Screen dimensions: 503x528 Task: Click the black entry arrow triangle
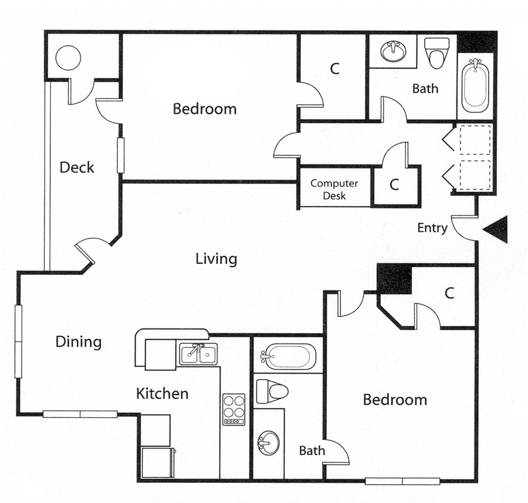pos(498,229)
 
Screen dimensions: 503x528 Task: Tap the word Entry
pos(432,228)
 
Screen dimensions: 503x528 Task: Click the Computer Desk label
pos(334,190)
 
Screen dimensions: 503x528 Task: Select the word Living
pos(216,259)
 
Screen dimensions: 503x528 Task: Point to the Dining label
pos(79,341)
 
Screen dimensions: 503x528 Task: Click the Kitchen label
pos(162,393)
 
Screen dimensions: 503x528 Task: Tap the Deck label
pos(77,167)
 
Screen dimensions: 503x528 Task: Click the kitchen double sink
pos(198,354)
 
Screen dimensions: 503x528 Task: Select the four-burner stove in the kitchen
pos(234,409)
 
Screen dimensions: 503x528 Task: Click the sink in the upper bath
pos(392,51)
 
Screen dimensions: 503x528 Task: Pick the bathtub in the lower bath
pos(288,356)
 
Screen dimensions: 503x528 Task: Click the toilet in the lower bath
pos(272,391)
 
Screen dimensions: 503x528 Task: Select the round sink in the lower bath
pos(268,443)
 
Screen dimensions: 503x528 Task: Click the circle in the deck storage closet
pos(68,57)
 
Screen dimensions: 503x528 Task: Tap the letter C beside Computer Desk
pos(394,185)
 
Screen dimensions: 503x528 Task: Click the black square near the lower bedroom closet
pos(395,279)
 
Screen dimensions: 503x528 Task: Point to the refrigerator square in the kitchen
pos(157,462)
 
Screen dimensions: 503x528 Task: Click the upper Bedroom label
pos(204,109)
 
